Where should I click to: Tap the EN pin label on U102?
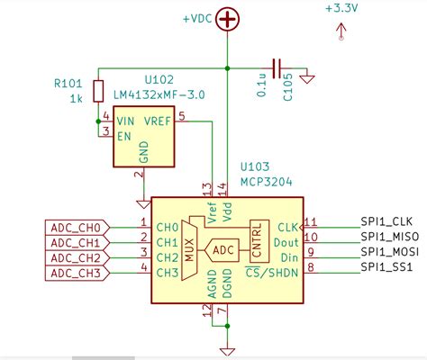pyautogui.click(x=123, y=133)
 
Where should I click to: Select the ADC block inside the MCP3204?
pyautogui.click(x=223, y=247)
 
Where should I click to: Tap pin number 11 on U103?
pyautogui.click(x=310, y=220)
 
